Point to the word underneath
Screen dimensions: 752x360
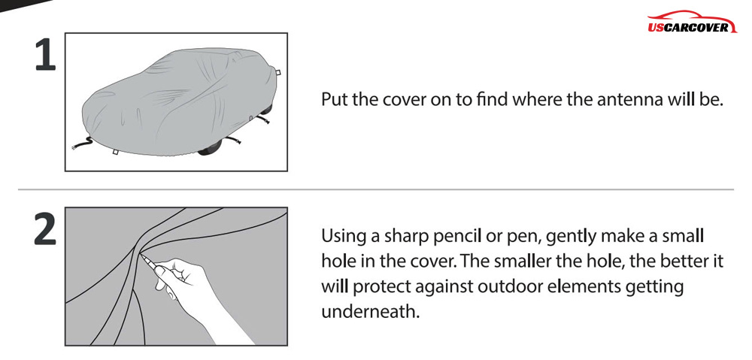tap(367, 312)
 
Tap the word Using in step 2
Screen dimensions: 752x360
tap(344, 237)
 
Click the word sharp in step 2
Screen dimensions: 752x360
tap(406, 237)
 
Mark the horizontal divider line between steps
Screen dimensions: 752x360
tap(376, 190)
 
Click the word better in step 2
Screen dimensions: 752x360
tap(680, 262)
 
